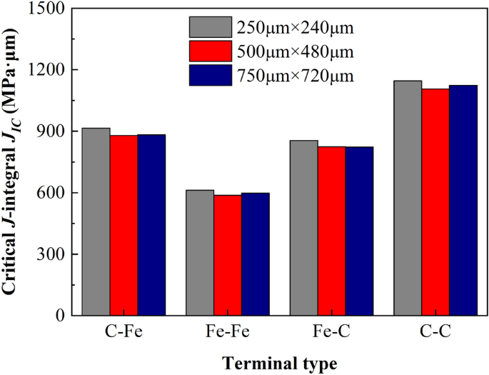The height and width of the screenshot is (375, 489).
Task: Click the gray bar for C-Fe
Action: [x=96, y=221]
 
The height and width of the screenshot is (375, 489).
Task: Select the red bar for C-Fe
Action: [x=124, y=225]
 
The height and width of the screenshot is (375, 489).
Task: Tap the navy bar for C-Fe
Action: [x=151, y=225]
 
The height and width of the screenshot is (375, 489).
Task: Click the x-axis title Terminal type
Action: [x=279, y=363]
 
